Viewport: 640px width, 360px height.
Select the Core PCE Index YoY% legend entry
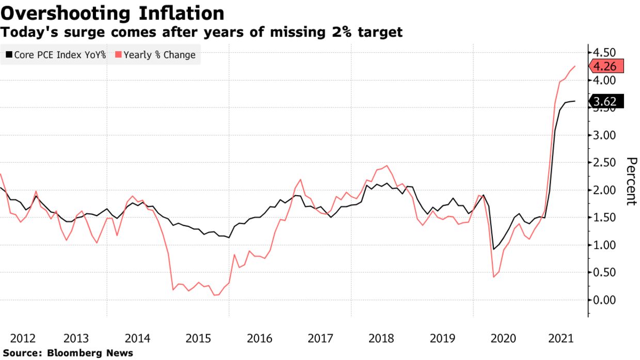point(56,55)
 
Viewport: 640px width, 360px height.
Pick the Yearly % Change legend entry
point(155,55)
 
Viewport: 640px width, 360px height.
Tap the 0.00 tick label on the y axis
point(605,300)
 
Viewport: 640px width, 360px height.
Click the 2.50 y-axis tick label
point(605,163)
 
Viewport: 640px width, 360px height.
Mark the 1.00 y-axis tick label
point(605,245)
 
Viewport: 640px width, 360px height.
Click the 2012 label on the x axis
point(23,339)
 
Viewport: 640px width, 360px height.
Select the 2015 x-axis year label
point(199,339)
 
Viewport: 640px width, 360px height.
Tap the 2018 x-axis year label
point(381,339)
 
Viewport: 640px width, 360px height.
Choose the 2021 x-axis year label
point(562,339)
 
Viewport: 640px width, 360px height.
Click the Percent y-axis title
point(631,181)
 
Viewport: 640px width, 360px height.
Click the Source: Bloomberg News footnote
point(67,353)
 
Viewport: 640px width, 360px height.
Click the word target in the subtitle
point(379,32)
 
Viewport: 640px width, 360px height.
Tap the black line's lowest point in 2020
point(493,249)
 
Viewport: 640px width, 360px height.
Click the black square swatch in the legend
point(9,55)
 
